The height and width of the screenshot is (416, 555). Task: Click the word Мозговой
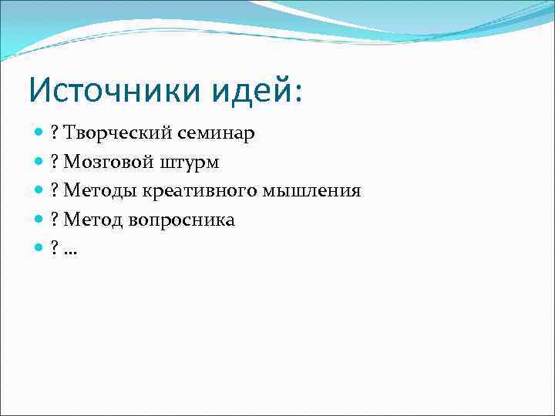109,162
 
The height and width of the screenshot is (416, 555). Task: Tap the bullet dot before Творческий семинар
39,133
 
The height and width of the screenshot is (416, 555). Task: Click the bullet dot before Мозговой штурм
39,162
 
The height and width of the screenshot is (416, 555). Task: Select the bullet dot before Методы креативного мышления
39,190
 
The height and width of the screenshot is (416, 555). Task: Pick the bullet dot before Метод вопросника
39,220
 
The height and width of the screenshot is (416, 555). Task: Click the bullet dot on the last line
39,248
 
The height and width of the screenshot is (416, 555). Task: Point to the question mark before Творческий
55,133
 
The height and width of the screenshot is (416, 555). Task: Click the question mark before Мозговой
55,162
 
